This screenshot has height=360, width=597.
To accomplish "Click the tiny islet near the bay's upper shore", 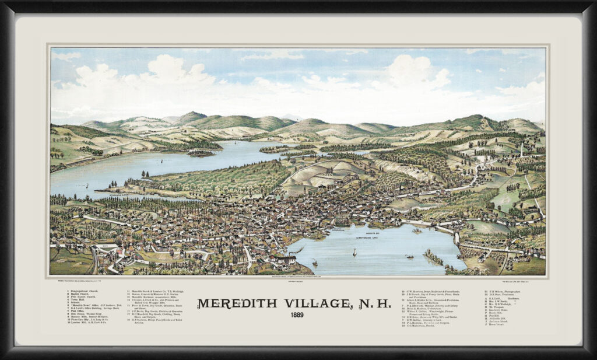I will pos(417,230).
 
